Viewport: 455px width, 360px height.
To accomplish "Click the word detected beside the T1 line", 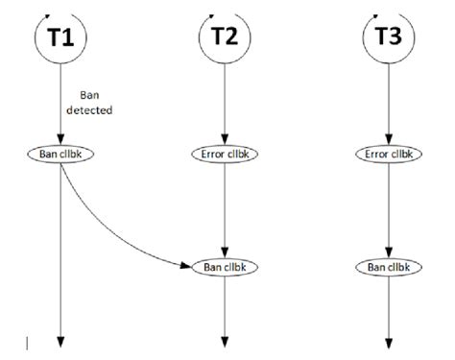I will point(93,110).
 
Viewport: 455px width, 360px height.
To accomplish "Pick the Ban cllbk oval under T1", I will point(60,153).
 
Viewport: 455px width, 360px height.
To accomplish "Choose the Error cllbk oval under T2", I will point(225,153).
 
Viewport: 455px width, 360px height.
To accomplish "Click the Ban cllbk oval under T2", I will point(225,265).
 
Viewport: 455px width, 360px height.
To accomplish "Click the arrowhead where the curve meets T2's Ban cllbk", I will point(188,265).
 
